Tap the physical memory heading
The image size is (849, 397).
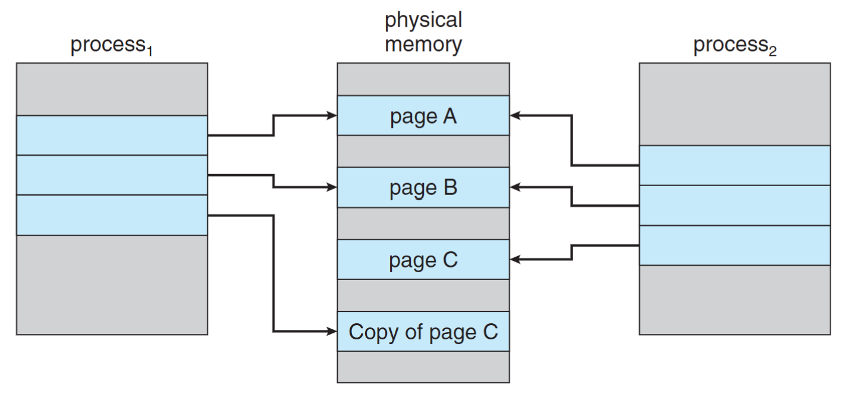[423, 32]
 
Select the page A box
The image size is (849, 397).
[423, 116]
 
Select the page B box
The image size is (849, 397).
[423, 188]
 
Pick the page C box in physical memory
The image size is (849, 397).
[423, 260]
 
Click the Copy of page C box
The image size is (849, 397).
[423, 332]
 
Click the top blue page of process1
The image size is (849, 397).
[112, 136]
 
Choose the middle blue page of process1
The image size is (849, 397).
[112, 175]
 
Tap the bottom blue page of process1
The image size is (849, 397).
[112, 215]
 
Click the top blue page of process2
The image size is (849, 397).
[734, 165]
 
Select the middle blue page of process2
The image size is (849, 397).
[734, 206]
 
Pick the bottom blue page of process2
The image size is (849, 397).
[734, 245]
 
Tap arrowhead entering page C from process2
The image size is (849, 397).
[515, 259]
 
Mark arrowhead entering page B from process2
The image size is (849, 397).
[515, 187]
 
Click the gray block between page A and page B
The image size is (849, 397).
[423, 152]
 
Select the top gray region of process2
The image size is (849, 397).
[734, 104]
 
